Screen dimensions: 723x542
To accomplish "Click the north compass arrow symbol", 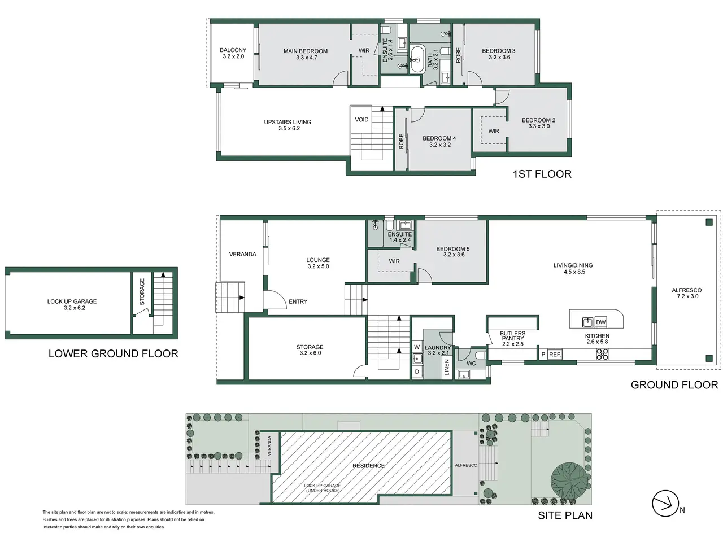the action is coord(665,503).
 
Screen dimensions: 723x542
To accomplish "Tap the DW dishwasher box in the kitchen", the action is coord(600,322).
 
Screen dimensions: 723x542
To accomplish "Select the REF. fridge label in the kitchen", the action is coord(555,355).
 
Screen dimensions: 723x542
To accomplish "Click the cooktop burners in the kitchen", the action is coord(602,354).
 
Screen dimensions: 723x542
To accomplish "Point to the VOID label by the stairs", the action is coord(361,120).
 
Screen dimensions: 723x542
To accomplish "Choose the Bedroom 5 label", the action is coord(454,252).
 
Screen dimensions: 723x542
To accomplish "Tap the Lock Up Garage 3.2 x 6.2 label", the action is coord(72,304).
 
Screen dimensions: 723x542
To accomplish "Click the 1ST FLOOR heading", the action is coord(542,174).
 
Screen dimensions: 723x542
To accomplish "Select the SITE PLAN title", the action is coord(565,515).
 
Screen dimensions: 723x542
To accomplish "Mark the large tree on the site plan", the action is coord(569,476).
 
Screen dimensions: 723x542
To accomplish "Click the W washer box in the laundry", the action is coord(417,347).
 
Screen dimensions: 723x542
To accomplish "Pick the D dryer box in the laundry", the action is coord(417,372).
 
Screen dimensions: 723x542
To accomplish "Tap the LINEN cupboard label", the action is coord(447,367).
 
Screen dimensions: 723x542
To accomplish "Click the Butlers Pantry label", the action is coord(512,339).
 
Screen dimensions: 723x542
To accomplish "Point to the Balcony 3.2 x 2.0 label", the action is coord(233,53).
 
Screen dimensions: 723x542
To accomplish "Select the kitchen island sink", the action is coord(587,322).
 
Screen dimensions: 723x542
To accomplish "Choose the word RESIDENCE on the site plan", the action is coord(368,466).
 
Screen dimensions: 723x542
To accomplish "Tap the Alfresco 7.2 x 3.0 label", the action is coord(686,293).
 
